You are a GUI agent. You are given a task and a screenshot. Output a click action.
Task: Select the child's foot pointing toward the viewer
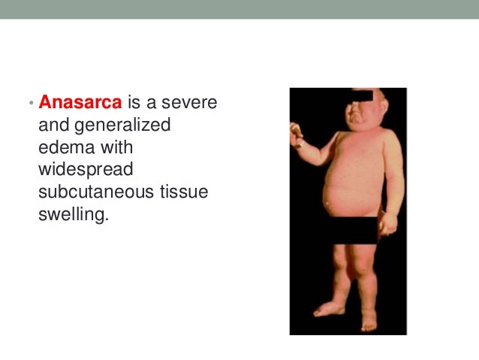pyautogui.click(x=369, y=323)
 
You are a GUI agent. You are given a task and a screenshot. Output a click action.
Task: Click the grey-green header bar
pyautogui.click(x=239, y=9)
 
